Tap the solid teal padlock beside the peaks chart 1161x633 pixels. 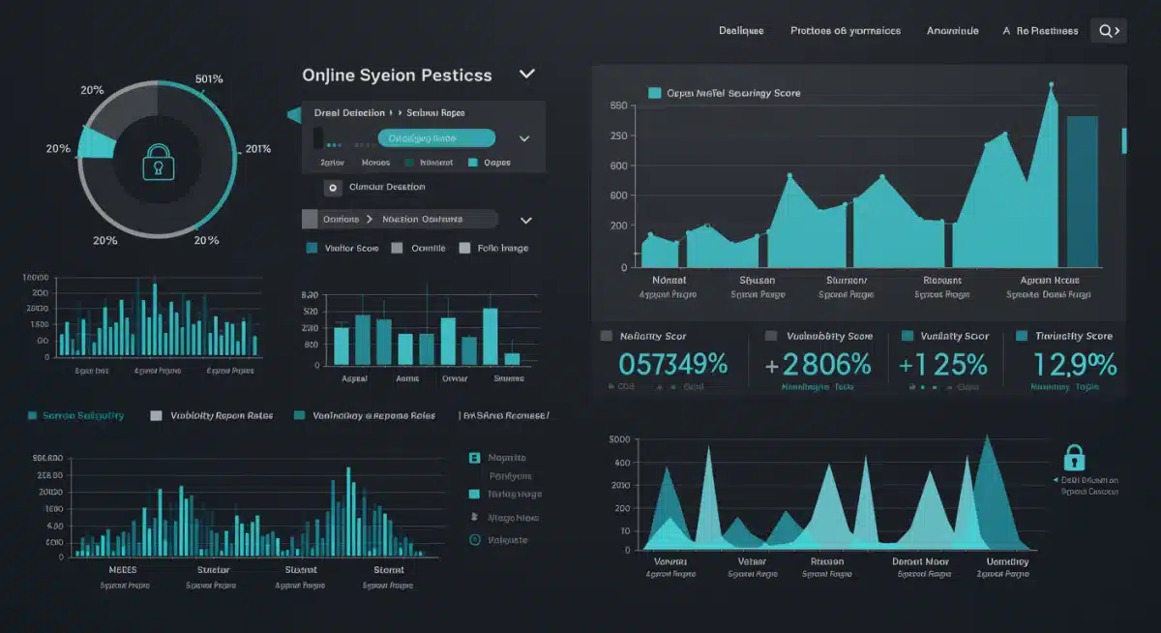point(1074,457)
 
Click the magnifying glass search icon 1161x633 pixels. point(1107,31)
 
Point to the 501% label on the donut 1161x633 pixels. point(209,78)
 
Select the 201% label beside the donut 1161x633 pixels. point(258,148)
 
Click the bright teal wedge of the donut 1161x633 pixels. point(97,143)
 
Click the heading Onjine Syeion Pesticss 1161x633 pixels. point(397,75)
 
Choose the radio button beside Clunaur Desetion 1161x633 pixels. point(333,188)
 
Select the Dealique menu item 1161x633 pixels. point(741,31)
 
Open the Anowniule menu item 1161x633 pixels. point(952,31)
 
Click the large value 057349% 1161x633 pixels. point(673,365)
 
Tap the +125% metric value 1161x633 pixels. point(942,365)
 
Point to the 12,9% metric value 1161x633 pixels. point(1074,365)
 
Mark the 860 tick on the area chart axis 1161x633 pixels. point(618,106)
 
